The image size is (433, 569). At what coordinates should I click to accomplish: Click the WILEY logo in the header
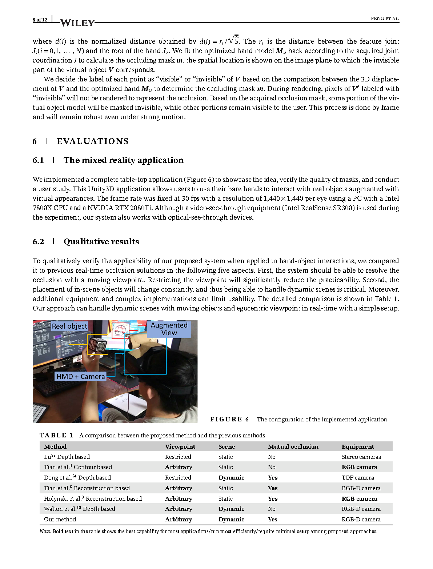click(77, 23)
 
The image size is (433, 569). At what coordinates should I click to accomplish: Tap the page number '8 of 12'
click(40, 20)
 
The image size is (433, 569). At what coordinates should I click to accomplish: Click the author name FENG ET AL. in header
click(385, 19)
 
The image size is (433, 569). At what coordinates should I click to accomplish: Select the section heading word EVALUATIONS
click(93, 141)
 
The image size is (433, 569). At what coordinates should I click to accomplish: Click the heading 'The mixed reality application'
click(123, 160)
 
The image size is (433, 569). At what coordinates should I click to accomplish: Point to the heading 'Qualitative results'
click(101, 242)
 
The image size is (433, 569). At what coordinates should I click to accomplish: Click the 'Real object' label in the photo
click(69, 326)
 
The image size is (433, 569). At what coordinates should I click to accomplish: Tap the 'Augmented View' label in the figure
click(169, 329)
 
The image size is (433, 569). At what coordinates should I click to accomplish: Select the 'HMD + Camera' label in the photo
click(80, 376)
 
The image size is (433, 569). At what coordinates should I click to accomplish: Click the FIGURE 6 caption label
click(229, 420)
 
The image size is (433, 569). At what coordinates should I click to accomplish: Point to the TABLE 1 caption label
click(56, 436)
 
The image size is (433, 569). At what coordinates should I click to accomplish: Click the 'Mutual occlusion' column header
click(293, 447)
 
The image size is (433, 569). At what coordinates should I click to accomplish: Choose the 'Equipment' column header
click(358, 447)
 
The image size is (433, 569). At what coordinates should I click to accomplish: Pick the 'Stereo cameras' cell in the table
click(361, 457)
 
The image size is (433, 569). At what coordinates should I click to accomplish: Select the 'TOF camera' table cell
click(358, 478)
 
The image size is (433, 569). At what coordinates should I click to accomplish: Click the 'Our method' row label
click(60, 520)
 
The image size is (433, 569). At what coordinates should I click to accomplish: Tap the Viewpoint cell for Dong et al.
click(178, 478)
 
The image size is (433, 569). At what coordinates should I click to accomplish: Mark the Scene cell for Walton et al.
click(231, 509)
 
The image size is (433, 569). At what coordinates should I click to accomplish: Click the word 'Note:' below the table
click(45, 532)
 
